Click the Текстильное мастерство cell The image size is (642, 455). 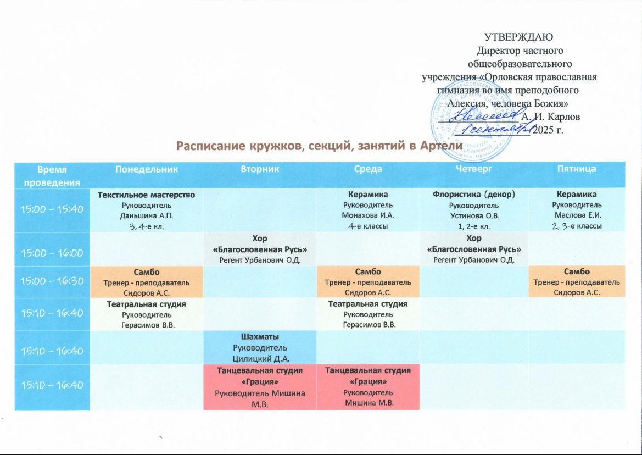[146, 209]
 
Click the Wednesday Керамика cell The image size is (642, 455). [368, 209]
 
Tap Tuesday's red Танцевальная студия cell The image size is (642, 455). [260, 387]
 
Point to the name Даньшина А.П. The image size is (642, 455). [146, 217]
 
